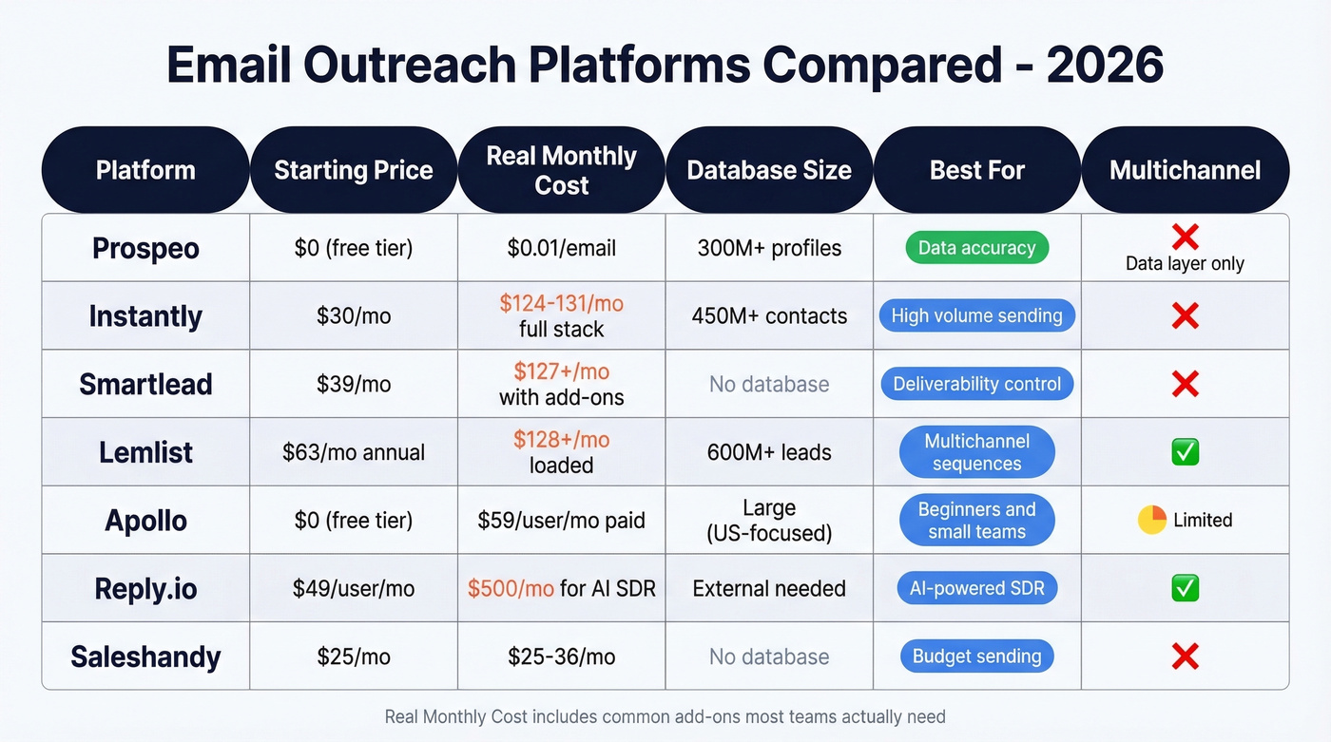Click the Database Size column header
[769, 170]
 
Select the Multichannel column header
[1185, 170]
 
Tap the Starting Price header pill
[353, 170]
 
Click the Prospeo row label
[145, 248]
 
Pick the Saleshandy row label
[145, 656]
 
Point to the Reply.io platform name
[145, 589]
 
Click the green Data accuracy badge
[976, 248]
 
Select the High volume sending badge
[976, 316]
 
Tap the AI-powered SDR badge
[976, 588]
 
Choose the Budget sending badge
[976, 656]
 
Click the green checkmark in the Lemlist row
[1185, 452]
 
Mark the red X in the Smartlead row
[1185, 384]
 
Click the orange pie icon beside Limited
[1152, 520]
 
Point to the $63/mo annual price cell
[353, 452]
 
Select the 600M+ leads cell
[769, 452]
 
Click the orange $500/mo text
[511, 588]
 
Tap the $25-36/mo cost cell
[561, 656]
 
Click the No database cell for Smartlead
[769, 384]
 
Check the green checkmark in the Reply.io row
[1185, 588]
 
